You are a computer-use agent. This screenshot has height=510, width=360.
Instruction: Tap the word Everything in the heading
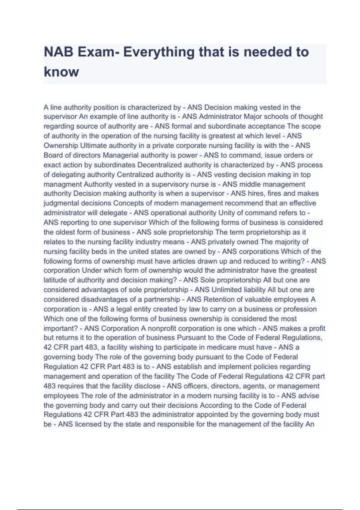click(x=159, y=52)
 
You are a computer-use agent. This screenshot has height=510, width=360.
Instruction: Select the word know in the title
click(x=61, y=72)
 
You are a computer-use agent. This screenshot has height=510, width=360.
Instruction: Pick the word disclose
click(x=148, y=386)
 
